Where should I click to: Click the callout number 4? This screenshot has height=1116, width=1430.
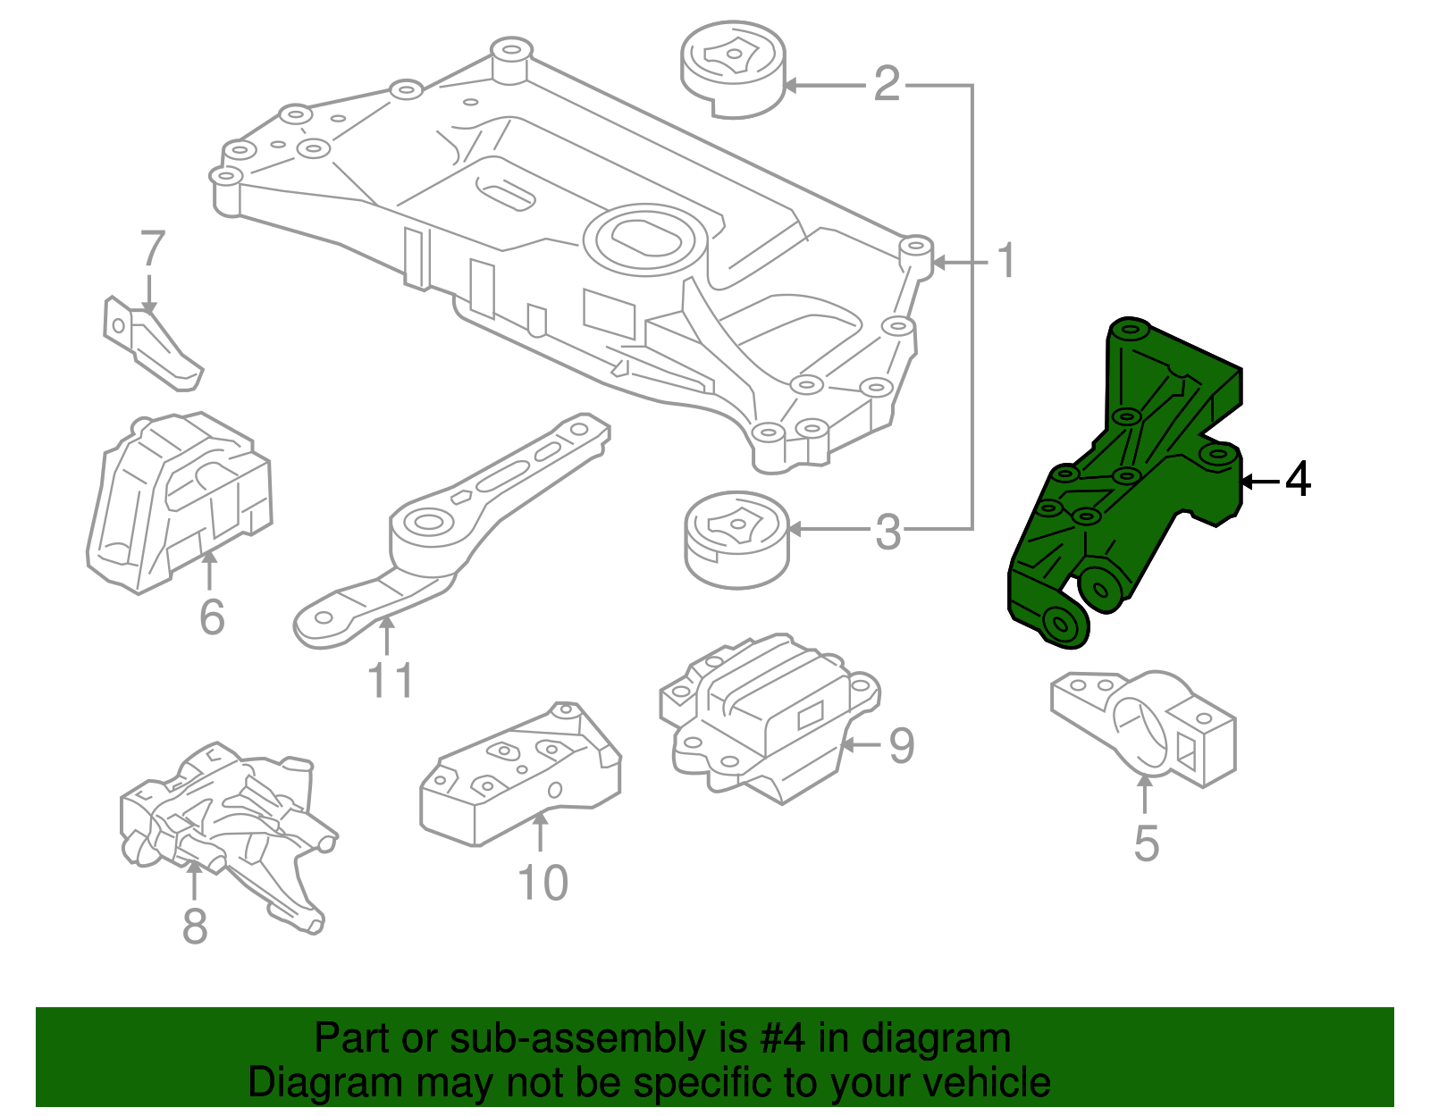click(1298, 480)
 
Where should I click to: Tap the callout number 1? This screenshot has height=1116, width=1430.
click(1006, 261)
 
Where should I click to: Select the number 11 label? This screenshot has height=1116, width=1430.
click(391, 681)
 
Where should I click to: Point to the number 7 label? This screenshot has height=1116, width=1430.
click(153, 250)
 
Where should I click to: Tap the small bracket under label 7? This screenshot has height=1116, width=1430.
click(152, 344)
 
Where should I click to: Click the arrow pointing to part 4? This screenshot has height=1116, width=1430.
click(1260, 482)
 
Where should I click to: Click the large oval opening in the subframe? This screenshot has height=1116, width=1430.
click(640, 236)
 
